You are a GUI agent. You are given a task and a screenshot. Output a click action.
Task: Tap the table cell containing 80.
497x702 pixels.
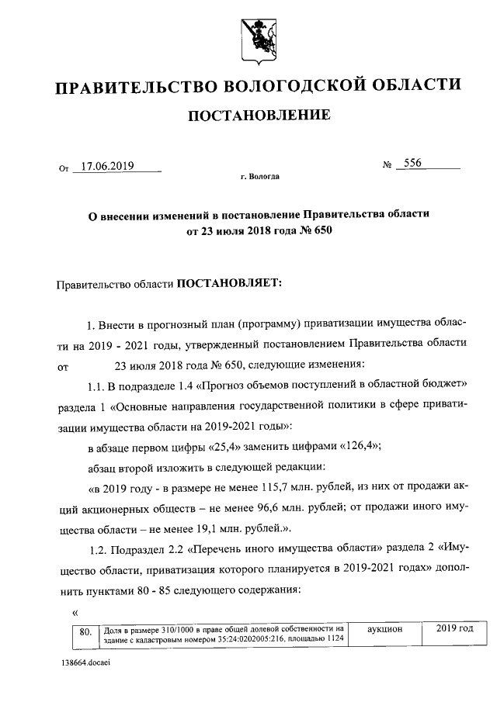(x=85, y=632)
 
